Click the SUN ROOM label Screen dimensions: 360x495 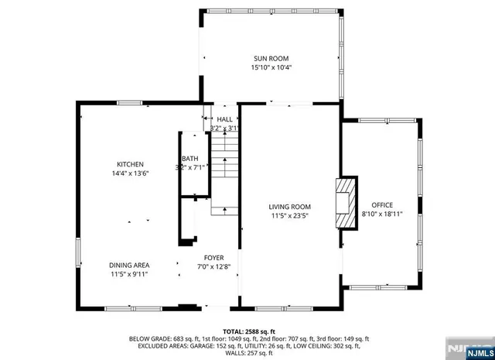coord(271,58)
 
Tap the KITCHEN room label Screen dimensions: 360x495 coord(131,164)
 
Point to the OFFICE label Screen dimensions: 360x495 coord(382,204)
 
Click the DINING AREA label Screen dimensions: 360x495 coord(129,265)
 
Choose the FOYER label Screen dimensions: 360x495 coord(214,258)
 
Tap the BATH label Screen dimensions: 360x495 coord(190,158)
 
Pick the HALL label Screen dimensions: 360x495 coord(224,119)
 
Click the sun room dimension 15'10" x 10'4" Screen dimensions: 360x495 coord(271,67)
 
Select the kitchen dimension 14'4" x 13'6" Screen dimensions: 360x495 coord(131,173)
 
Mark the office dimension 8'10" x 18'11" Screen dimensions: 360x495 coord(382,214)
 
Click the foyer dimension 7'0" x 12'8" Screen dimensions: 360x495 coord(214,267)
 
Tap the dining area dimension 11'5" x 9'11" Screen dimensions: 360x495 coord(129,274)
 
